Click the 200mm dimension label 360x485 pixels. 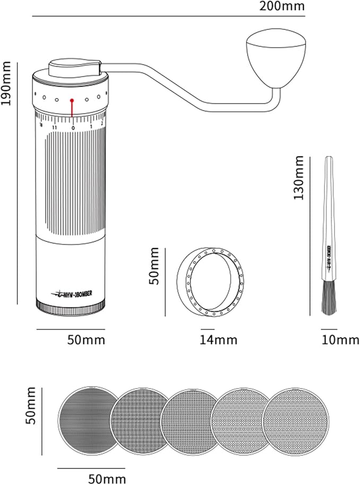283,7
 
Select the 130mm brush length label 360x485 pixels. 298,178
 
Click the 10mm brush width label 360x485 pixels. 340,340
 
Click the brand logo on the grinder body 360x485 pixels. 71,293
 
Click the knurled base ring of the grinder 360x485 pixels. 71,307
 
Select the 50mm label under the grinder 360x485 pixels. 86,340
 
